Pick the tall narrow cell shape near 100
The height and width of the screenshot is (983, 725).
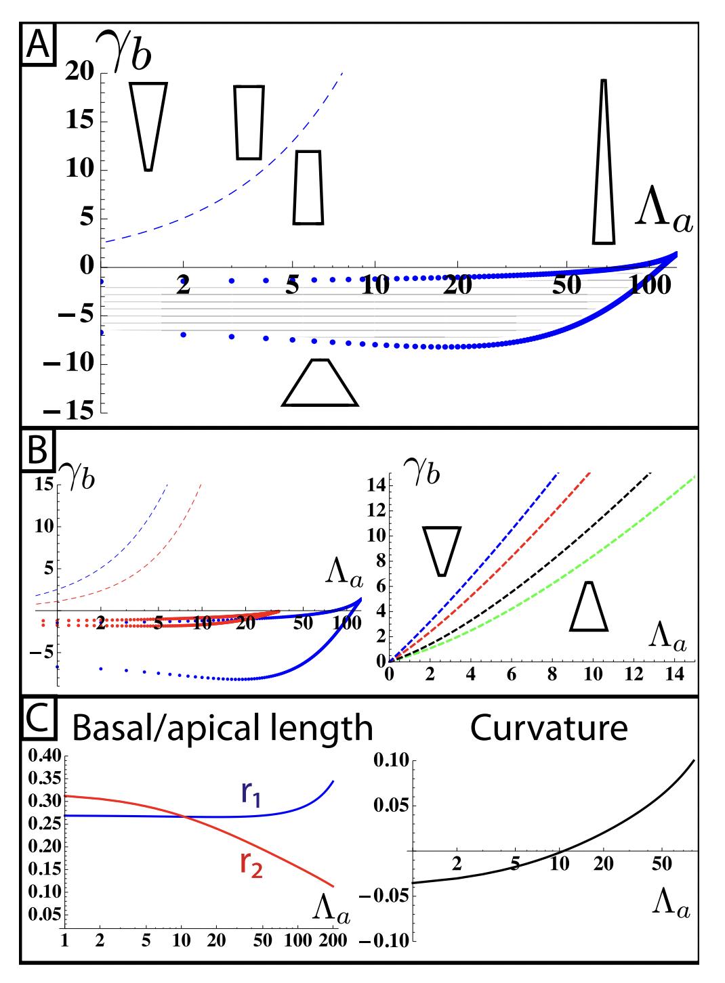click(604, 162)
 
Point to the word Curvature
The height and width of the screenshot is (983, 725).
click(549, 728)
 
